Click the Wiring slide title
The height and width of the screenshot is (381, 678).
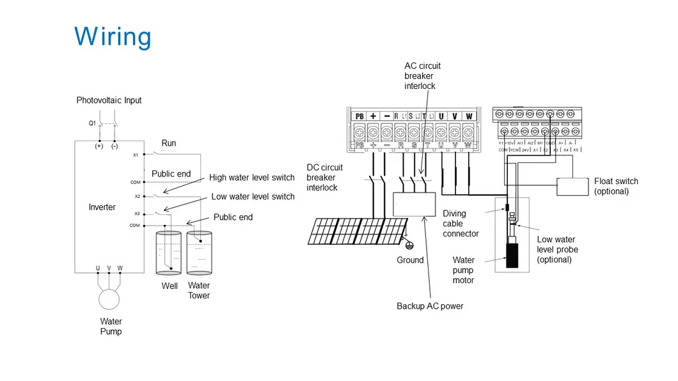coord(113,36)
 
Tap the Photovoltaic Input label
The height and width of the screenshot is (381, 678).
coord(109,100)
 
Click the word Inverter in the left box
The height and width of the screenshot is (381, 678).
coord(102,207)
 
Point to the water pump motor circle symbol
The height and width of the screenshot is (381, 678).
coord(109,299)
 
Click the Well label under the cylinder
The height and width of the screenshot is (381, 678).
coord(169,286)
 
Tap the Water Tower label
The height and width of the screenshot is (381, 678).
coord(198,290)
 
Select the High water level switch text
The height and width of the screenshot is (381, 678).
coord(251,178)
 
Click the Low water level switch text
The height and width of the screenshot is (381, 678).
coord(253,196)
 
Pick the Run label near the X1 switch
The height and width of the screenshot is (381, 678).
coord(168,143)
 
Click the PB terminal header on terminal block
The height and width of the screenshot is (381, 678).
coord(359,116)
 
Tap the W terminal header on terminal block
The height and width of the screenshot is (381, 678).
coord(469,116)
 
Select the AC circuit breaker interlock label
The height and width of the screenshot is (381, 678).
coord(422,75)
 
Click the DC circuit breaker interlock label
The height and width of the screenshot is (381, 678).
coord(324,177)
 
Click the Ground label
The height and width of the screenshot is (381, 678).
coord(410,260)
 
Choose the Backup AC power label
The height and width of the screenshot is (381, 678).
coord(430,306)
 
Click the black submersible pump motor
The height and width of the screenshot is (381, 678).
coord(512,254)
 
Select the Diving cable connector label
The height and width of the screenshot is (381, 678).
coord(461,224)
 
